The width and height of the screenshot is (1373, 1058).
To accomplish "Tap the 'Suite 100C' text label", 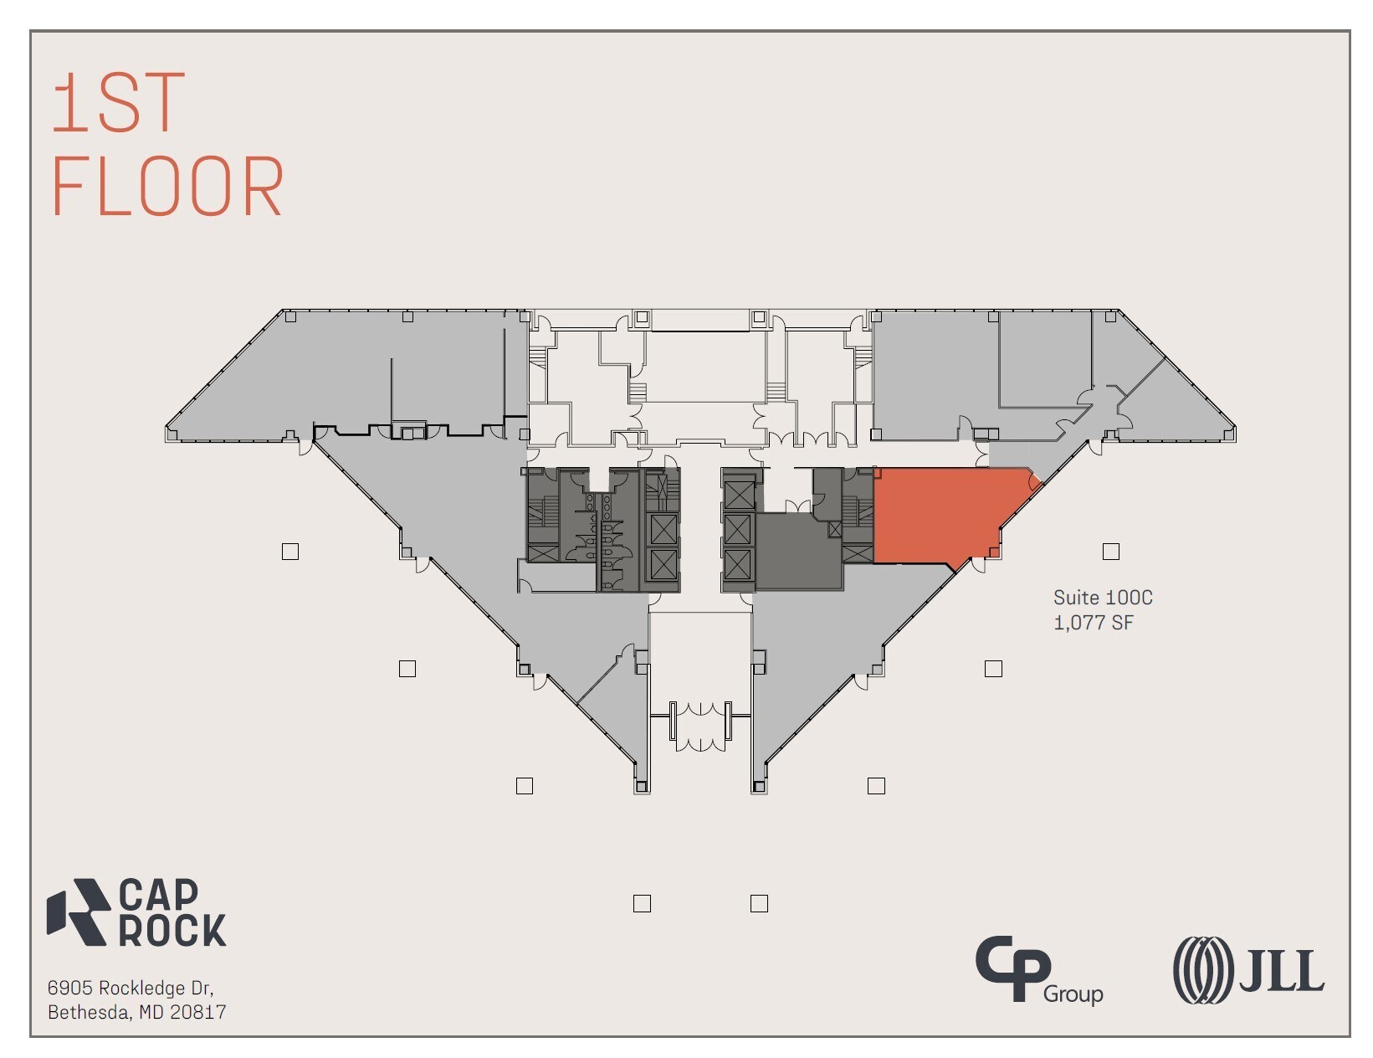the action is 1102,598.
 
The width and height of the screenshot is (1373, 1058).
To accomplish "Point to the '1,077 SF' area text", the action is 1093,623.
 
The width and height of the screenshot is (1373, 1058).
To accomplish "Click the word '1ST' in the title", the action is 118,103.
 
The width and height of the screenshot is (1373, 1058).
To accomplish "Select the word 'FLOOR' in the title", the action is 167,187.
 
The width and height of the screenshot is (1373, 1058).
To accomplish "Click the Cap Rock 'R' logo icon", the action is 79,912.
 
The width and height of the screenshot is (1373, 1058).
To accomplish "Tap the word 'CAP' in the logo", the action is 158,894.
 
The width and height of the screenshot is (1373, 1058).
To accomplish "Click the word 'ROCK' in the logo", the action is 172,930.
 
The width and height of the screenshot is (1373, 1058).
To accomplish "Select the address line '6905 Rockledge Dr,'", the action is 130,988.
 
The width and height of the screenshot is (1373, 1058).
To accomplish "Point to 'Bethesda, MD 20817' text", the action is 136,1012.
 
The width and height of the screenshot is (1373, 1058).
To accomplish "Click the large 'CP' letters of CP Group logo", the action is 1012,968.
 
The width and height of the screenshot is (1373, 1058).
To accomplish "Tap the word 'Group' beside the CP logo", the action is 1073,994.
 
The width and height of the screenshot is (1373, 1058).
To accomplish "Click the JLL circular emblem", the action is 1203,970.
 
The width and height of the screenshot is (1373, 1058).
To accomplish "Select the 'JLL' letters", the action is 1282,971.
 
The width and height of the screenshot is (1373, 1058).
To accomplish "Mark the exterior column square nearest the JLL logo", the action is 993,669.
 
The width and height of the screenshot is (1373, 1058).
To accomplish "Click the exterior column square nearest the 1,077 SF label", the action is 1110,552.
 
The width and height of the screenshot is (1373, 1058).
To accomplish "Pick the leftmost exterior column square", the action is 290,552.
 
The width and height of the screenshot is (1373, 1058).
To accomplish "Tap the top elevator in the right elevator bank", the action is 739,494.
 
